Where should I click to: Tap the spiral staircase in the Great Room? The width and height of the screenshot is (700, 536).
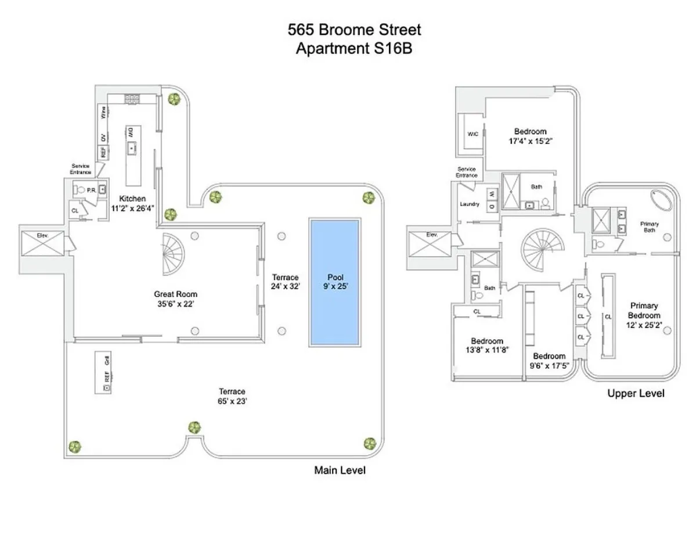click(x=172, y=254)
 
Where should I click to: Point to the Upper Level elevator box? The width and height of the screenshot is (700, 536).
click(x=431, y=244)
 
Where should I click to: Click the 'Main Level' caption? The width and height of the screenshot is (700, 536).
click(x=340, y=470)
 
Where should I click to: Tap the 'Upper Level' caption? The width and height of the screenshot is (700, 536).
click(x=636, y=394)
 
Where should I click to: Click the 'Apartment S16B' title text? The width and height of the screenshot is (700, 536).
click(x=354, y=49)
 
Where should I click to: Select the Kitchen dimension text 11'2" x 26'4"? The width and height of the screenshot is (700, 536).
click(x=133, y=207)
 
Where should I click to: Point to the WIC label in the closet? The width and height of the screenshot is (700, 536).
click(x=472, y=134)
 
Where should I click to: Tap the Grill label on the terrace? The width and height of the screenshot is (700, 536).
click(x=107, y=361)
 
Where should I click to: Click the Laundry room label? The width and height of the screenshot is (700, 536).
click(x=469, y=204)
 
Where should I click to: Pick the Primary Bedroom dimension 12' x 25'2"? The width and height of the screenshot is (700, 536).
click(x=645, y=325)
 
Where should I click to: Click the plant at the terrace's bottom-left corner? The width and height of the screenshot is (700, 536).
click(x=74, y=447)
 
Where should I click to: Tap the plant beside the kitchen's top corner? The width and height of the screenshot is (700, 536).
click(x=173, y=99)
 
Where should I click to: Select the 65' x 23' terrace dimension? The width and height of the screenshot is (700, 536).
click(x=232, y=401)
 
